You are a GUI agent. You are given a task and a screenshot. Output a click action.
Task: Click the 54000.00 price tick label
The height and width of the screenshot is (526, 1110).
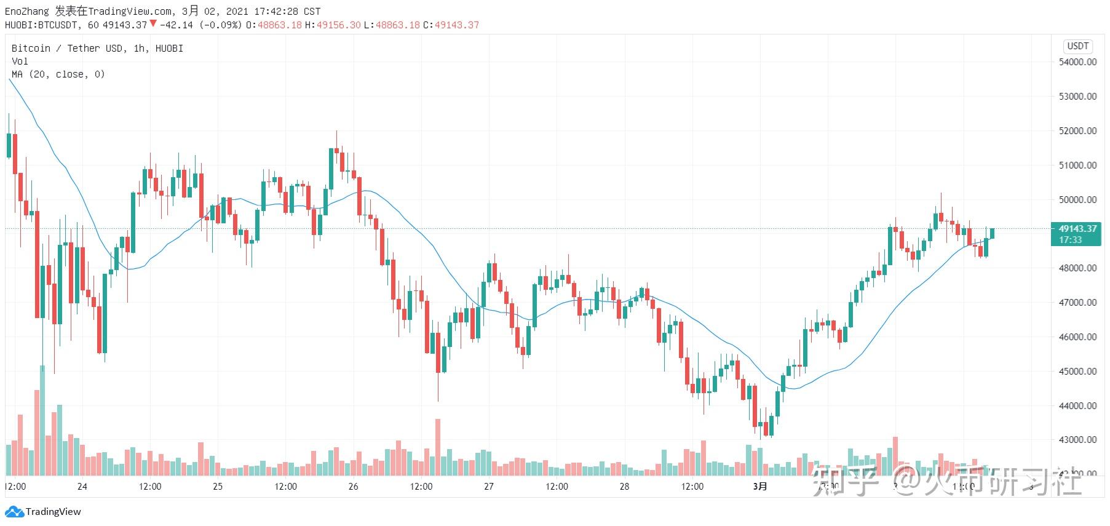1077,62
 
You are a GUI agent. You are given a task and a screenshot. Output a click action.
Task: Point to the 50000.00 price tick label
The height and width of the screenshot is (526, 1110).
1077,200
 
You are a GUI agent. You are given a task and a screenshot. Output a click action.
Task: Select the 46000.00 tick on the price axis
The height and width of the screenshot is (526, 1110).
1077,337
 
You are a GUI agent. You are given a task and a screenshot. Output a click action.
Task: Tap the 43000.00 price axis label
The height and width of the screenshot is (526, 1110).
1077,440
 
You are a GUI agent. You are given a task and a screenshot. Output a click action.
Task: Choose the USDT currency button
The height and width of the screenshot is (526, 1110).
1077,46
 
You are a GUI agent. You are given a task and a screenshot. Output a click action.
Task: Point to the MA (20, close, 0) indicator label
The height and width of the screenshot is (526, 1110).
58,74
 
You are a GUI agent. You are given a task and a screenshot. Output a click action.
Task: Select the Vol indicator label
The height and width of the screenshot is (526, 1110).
20,62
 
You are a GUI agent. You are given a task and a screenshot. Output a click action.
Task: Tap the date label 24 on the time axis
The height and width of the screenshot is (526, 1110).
82,487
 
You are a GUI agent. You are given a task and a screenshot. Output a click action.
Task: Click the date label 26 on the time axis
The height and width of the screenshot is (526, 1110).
353,487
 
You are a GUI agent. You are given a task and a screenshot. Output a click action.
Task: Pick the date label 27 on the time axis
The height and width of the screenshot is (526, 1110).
489,487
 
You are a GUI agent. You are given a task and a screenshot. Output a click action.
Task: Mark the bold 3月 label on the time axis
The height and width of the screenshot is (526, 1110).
760,487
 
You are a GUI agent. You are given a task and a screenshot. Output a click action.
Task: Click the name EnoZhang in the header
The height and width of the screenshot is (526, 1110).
27,11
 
